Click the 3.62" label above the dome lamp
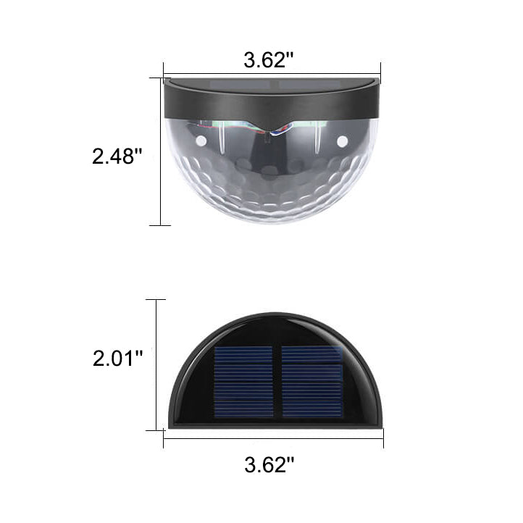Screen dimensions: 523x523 pyautogui.click(x=268, y=60)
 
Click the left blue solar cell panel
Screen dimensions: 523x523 pyautogui.click(x=243, y=381)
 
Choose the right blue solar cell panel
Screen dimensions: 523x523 pyautogui.click(x=311, y=381)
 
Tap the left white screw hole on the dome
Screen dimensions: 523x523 pyautogui.click(x=201, y=140)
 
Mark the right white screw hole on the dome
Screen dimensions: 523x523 pyautogui.click(x=342, y=141)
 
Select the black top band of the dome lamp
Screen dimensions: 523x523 pyautogui.click(x=217, y=101)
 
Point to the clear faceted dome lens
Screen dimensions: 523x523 pyautogui.click(x=272, y=181)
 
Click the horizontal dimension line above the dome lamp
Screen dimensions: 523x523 pyautogui.click(x=217, y=72)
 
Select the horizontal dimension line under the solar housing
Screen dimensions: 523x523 pyautogui.click(x=217, y=438)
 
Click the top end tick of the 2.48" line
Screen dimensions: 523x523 pyautogui.click(x=159, y=78)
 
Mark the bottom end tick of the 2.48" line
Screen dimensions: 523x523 pyautogui.click(x=159, y=225)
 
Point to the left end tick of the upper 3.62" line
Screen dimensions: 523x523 pyautogui.click(x=163, y=72)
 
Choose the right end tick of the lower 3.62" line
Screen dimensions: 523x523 pyautogui.click(x=383, y=438)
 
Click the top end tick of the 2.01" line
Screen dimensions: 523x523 pyautogui.click(x=156, y=299)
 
